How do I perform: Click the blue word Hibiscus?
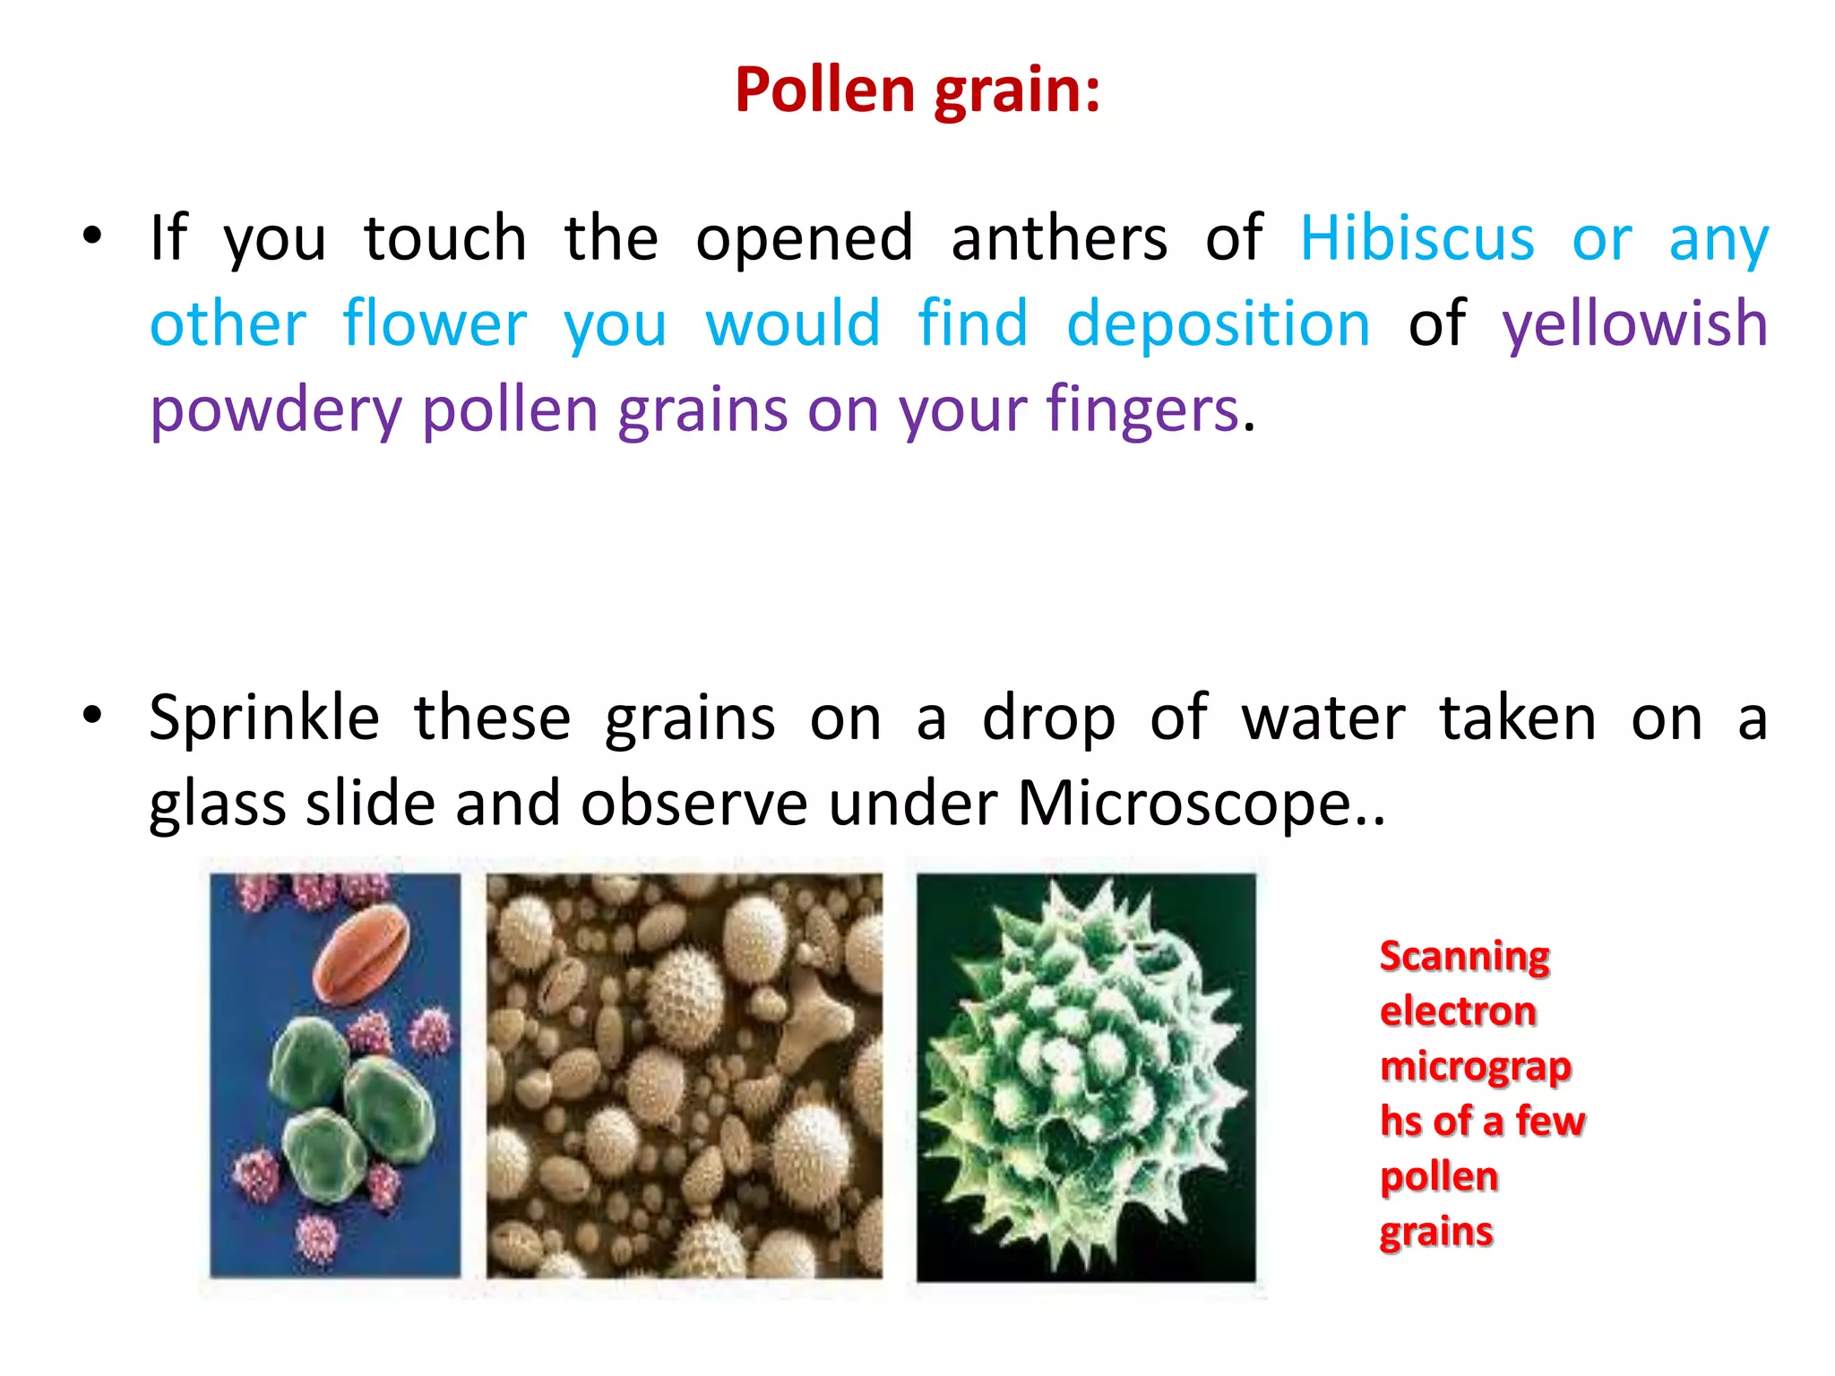tap(1417, 238)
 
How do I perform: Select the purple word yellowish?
tap(1634, 324)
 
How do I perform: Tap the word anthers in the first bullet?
tap(1059, 238)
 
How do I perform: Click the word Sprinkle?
tap(264, 718)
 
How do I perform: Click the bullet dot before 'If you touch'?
tap(92, 236)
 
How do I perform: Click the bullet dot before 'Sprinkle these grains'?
tap(92, 716)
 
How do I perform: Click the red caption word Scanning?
tap(1464, 957)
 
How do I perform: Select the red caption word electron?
tap(1458, 1011)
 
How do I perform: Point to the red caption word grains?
tap(1435, 1232)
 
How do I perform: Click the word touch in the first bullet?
tap(445, 238)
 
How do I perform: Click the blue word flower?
tap(435, 324)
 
